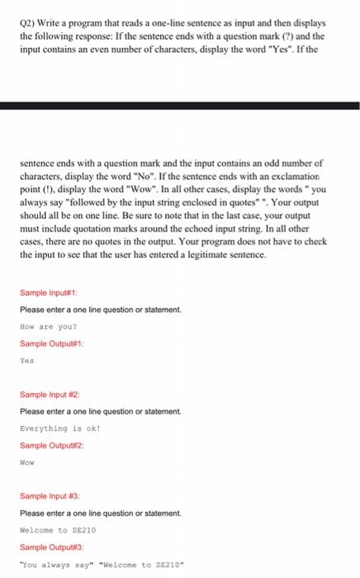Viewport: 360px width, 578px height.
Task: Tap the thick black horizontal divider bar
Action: pyautogui.click(x=180, y=106)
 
